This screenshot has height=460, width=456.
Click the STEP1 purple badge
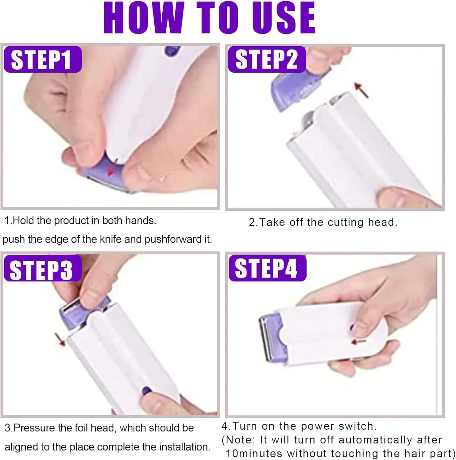pyautogui.click(x=42, y=59)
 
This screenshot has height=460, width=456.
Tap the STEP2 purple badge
pyautogui.click(x=267, y=59)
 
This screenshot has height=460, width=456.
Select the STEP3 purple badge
pyautogui.click(x=42, y=268)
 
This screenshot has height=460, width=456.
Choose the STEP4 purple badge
pyautogui.click(x=267, y=268)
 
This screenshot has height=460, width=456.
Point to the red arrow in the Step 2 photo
pyautogui.click(x=361, y=90)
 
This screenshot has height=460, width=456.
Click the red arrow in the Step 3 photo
pyautogui.click(x=60, y=339)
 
